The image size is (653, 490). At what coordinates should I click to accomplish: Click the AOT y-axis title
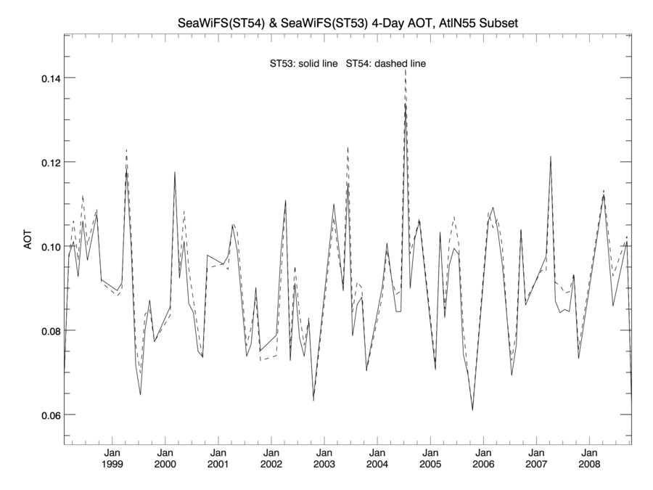(28, 242)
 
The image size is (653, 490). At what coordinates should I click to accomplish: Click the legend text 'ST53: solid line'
(303, 64)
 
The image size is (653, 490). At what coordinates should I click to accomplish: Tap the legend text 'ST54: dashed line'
(386, 64)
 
